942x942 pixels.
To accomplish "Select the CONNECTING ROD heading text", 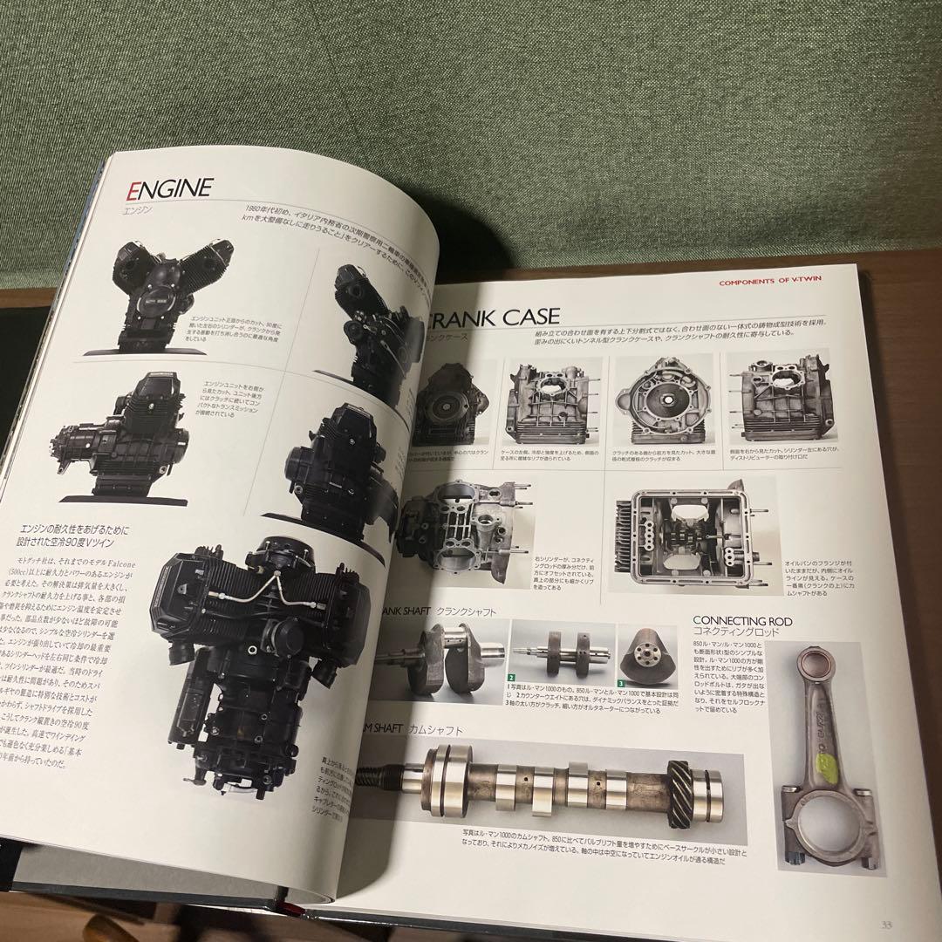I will pos(742,620).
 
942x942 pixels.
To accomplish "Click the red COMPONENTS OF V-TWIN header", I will pos(775,282).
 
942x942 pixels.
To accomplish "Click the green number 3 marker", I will pos(621,683).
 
